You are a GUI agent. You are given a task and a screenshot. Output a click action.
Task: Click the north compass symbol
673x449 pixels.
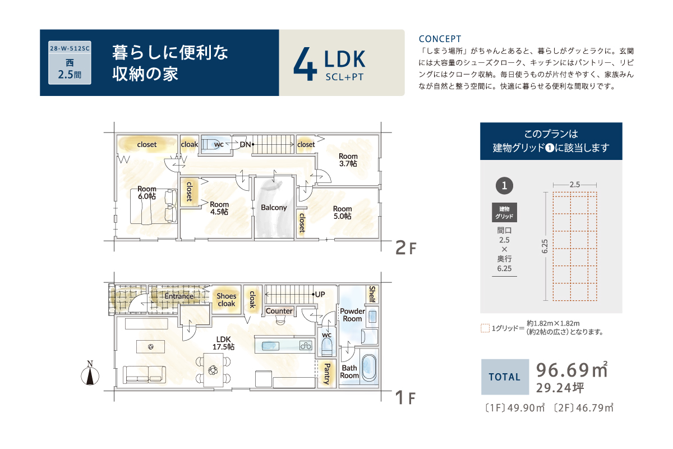pos(90,373)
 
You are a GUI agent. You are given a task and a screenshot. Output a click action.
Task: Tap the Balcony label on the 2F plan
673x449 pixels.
pos(274,208)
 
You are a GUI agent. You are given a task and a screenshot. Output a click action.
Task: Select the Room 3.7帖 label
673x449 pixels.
pos(348,160)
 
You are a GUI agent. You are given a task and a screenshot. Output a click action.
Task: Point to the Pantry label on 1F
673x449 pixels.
pos(327,374)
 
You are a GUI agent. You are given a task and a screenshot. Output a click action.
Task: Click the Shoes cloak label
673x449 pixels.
pos(227,300)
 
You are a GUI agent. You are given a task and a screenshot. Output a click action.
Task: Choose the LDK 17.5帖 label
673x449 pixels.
pos(224,343)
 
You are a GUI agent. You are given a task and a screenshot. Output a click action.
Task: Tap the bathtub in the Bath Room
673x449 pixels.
pos(369,368)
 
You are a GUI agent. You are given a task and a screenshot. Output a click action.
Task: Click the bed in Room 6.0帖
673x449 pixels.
pos(154,207)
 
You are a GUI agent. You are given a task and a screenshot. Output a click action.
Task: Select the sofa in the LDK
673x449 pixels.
pos(144,374)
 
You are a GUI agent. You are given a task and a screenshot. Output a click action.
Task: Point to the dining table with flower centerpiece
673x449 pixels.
pos(213,370)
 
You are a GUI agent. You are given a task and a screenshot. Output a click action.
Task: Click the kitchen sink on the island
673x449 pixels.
pos(270,346)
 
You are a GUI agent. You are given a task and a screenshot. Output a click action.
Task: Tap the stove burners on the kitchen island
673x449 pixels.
pos(306,346)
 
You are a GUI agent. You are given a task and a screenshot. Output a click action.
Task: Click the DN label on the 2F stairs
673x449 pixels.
pos(245,145)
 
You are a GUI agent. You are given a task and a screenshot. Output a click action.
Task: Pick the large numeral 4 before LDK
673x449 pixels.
pos(305,63)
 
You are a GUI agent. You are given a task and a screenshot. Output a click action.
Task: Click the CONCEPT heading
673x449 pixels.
pos(440,39)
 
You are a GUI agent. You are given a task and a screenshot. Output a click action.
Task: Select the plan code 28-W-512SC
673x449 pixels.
pos(70,48)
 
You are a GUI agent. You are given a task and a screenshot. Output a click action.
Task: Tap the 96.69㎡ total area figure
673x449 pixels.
pos(572,370)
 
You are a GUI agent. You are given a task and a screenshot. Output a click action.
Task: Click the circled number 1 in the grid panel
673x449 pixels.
pos(504,186)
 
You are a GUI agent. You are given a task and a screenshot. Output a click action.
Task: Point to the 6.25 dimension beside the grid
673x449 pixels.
pos(545,246)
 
